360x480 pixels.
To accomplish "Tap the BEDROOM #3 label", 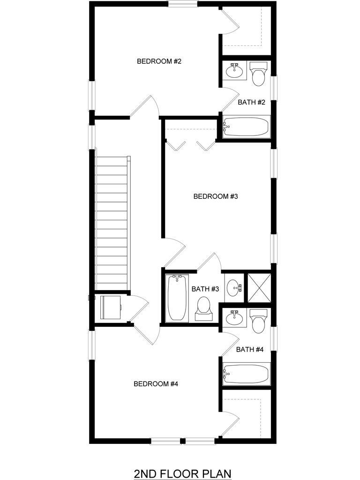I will [x=216, y=196].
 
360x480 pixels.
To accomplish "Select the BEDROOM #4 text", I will [x=156, y=384].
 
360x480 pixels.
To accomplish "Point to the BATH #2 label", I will [x=252, y=102].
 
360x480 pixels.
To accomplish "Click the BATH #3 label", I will [x=205, y=289].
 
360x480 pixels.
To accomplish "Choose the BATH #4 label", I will [x=250, y=349].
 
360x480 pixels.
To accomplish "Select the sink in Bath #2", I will [x=234, y=71].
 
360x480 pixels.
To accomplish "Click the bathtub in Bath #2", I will [x=246, y=127].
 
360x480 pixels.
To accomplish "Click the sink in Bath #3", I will [x=233, y=287].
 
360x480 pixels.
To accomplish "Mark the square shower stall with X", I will [x=258, y=287].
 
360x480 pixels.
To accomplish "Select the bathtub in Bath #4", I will [x=246, y=374].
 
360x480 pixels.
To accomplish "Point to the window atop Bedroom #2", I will [x=183, y=4].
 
